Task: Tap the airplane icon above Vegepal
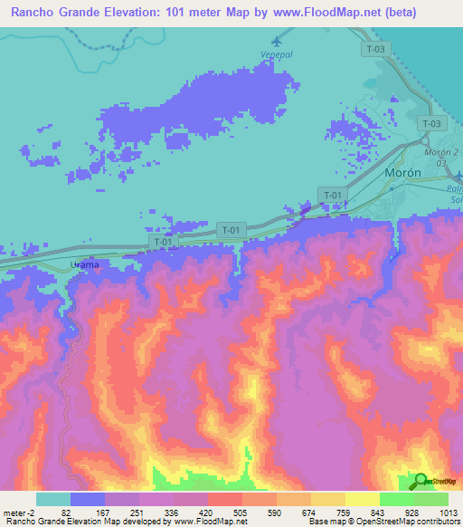tap(276, 42)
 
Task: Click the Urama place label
tap(84, 263)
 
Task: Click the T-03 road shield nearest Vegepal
tap(376, 49)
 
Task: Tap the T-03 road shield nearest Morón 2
tap(432, 123)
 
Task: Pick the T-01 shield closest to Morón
tap(333, 194)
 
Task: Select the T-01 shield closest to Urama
tap(163, 243)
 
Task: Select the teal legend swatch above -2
tap(52, 499)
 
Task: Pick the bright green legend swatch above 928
tap(396, 499)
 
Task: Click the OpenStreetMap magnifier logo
tap(421, 483)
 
